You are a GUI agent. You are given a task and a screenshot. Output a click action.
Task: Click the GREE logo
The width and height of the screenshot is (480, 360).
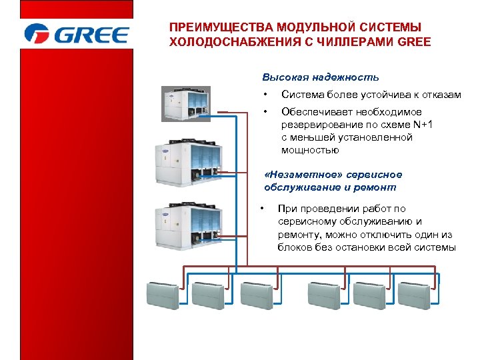click(x=75, y=34)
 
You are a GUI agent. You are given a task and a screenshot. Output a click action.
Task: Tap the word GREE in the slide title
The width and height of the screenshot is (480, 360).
click(x=413, y=42)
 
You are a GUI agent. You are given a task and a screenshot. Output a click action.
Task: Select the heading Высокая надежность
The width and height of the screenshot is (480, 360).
click(x=321, y=77)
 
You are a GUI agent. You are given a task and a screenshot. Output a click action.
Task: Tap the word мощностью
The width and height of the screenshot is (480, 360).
click(x=310, y=150)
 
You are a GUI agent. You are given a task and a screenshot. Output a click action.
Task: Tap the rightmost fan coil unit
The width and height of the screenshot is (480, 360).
click(x=417, y=294)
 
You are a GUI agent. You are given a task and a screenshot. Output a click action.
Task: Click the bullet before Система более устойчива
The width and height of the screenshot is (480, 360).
click(x=265, y=95)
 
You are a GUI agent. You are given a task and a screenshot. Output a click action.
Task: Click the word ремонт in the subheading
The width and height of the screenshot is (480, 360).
click(x=378, y=187)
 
